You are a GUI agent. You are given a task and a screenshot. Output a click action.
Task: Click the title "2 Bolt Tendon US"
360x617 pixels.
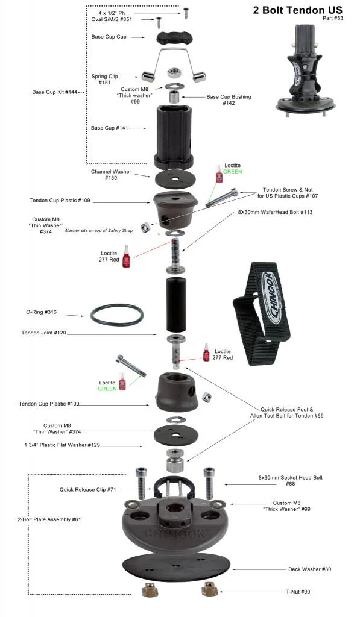click(297, 10)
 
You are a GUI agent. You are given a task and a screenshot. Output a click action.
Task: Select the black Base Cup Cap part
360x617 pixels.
click(174, 38)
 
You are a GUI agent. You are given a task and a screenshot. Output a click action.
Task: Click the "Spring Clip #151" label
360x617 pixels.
click(104, 80)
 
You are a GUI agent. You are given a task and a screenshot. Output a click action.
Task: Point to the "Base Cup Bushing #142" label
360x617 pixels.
click(229, 99)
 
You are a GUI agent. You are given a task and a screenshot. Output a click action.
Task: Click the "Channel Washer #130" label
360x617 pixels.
click(110, 175)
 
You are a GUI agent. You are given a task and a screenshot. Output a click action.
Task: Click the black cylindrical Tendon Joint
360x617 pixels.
click(175, 304)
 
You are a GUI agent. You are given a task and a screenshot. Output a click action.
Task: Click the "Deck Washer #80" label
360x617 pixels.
click(309, 569)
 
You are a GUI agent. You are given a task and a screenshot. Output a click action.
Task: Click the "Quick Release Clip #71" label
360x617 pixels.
click(87, 489)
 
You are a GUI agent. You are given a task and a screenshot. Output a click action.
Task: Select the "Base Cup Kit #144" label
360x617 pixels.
click(54, 92)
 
